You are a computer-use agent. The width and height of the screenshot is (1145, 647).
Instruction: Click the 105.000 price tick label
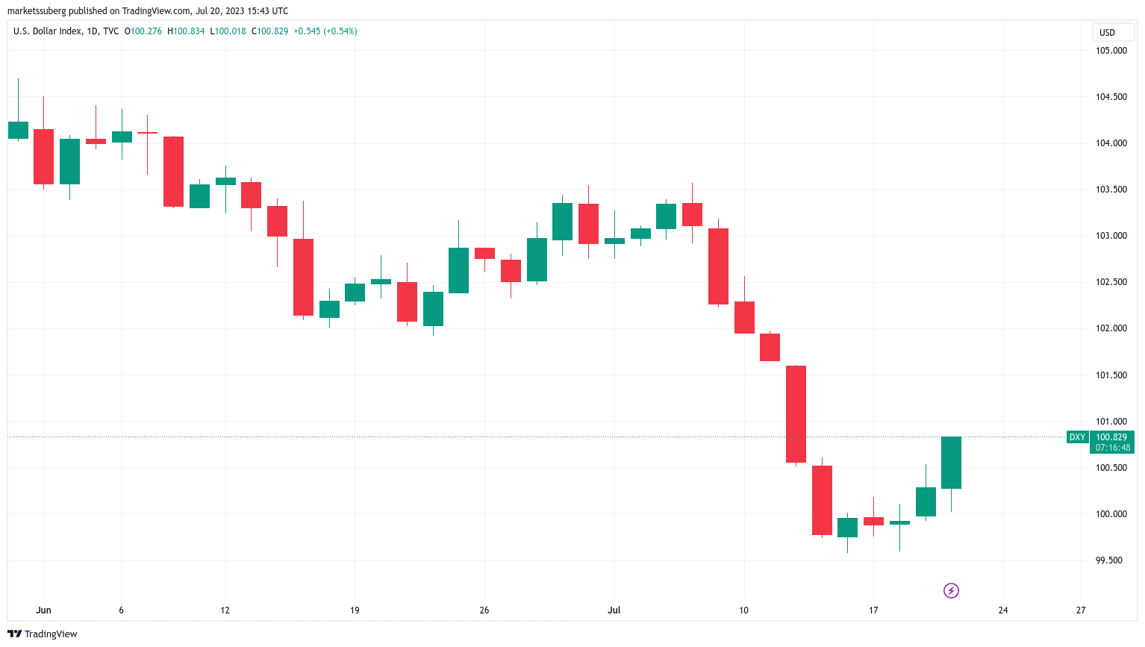(1111, 51)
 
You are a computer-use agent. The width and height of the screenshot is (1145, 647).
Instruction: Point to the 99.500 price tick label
(1109, 560)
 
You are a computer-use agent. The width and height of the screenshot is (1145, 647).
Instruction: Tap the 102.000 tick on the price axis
(1111, 328)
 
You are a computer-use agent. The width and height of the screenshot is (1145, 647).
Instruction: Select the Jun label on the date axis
(43, 610)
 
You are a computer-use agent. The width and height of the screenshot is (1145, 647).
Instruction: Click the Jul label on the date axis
(614, 610)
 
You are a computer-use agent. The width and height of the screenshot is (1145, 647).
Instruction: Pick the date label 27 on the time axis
(1081, 610)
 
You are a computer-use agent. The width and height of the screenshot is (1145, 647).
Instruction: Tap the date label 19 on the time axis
(355, 610)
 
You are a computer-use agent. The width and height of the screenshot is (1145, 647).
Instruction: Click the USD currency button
(1108, 32)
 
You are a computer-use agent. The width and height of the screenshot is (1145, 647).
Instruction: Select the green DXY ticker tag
(1077, 437)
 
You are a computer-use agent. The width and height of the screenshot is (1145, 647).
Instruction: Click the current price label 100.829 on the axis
(1111, 437)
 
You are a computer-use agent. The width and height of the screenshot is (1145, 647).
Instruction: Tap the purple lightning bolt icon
(951, 591)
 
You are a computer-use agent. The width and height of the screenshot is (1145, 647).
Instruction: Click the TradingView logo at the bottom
(43, 634)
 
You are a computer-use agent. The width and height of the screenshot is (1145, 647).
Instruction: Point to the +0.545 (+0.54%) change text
(325, 31)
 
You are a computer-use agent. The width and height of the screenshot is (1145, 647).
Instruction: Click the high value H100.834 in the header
(186, 31)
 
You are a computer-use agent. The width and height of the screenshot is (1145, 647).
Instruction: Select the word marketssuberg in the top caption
(37, 11)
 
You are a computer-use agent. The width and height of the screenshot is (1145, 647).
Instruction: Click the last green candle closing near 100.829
(951, 463)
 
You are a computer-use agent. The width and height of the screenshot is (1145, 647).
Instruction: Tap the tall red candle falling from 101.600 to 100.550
(796, 414)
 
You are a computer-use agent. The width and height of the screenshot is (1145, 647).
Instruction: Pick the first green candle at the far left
(18, 130)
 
